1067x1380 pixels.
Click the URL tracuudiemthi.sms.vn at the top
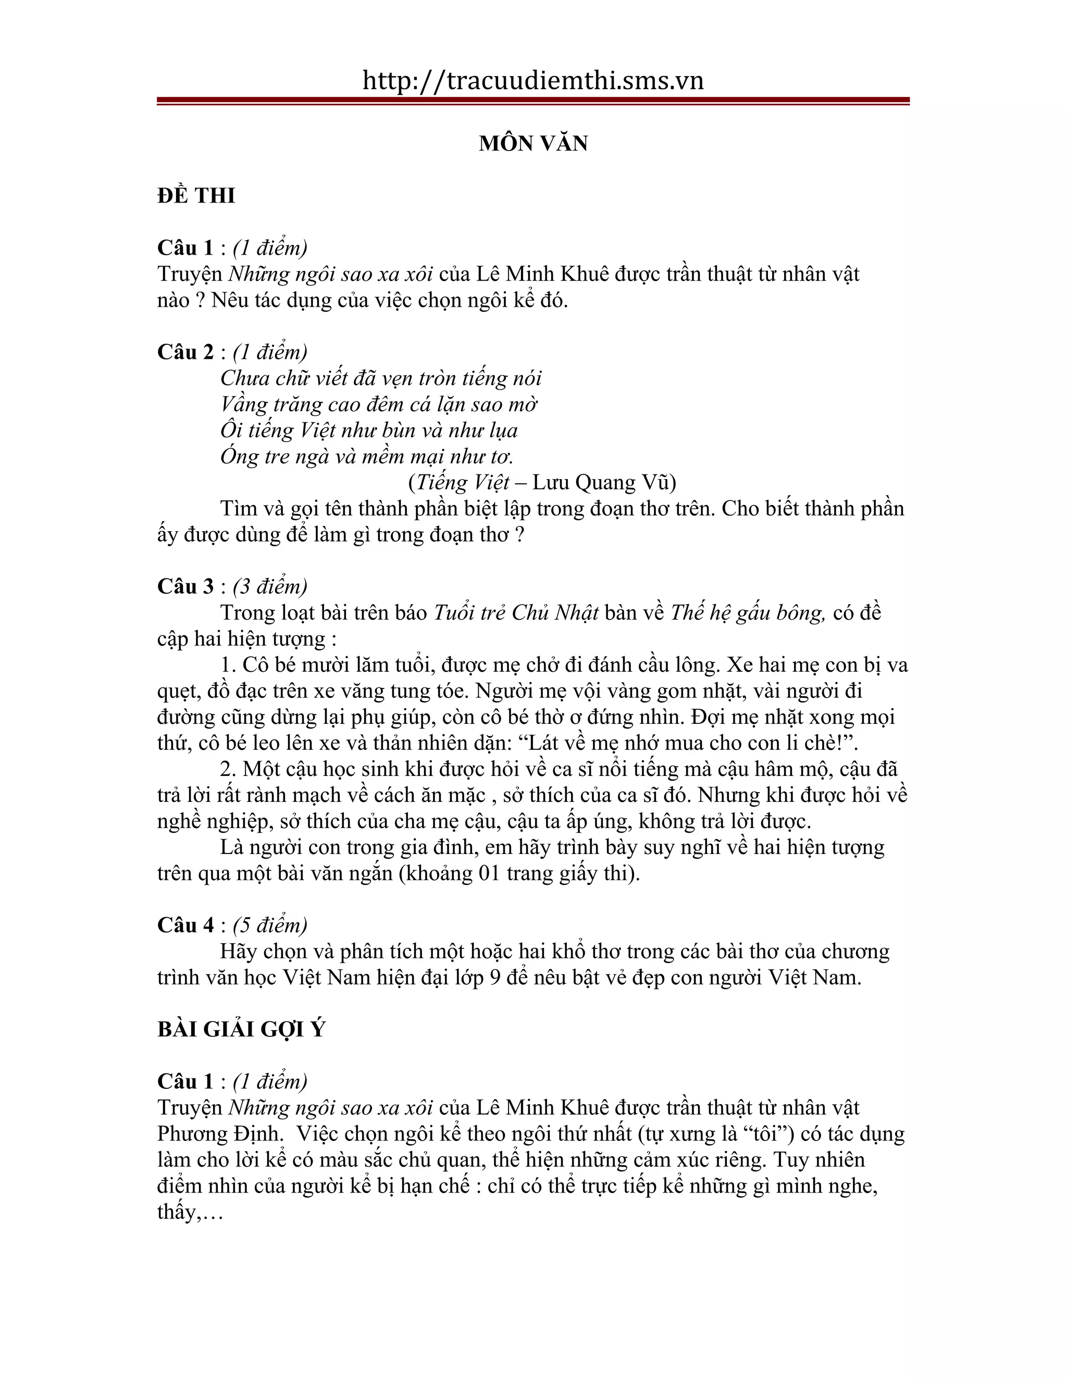click(x=533, y=81)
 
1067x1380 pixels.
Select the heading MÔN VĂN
click(x=533, y=143)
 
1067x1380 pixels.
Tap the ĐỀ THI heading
click(x=196, y=196)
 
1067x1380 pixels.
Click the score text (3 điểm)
click(x=270, y=586)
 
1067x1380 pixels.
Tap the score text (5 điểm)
click(x=270, y=925)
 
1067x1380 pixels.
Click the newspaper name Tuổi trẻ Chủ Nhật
click(x=516, y=613)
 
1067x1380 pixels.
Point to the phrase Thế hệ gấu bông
click(x=747, y=613)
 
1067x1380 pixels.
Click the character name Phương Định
click(x=218, y=1134)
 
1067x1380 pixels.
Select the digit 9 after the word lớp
click(x=495, y=977)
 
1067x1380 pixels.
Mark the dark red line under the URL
click(x=533, y=101)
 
